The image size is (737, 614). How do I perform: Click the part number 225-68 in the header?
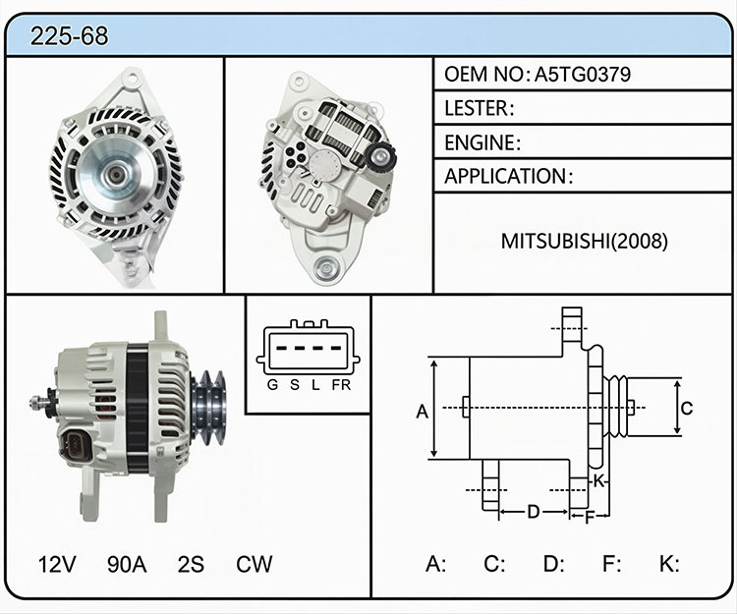tap(69, 36)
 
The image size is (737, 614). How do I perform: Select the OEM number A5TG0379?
tap(583, 75)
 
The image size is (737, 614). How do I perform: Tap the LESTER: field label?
tap(479, 108)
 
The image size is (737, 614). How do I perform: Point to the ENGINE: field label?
tap(482, 142)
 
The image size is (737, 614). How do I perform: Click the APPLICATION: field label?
tap(509, 176)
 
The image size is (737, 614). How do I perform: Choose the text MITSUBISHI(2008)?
tap(585, 241)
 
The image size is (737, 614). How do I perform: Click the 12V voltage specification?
tap(57, 564)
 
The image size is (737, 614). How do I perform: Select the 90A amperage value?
tap(127, 564)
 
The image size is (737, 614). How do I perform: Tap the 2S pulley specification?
tap(191, 564)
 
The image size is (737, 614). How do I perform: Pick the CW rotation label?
tap(254, 564)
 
